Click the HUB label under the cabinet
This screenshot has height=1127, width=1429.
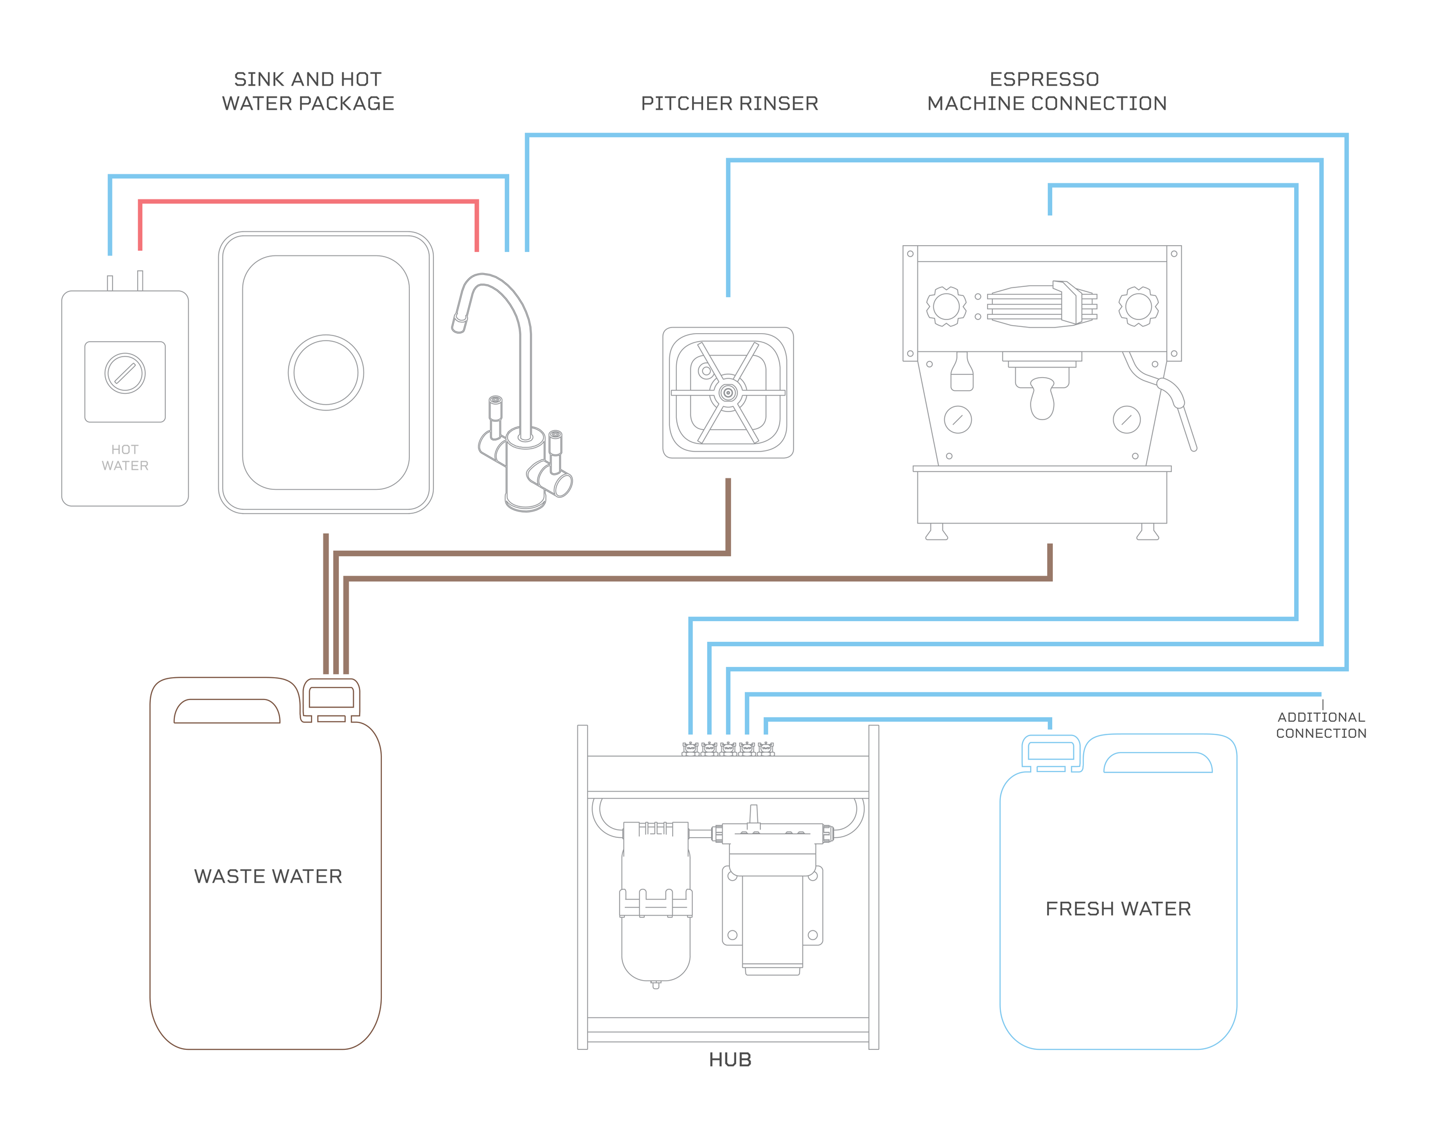pyautogui.click(x=729, y=1060)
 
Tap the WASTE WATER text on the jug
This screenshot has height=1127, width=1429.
pyautogui.click(x=268, y=876)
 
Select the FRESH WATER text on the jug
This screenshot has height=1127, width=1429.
pyautogui.click(x=1118, y=909)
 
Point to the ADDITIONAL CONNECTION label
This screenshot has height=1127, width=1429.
pyautogui.click(x=1321, y=725)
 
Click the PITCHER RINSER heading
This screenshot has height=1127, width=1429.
pyautogui.click(x=729, y=103)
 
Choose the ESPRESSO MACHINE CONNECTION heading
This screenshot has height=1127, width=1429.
pyautogui.click(x=1046, y=91)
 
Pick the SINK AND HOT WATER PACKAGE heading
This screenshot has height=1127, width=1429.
pyautogui.click(x=308, y=91)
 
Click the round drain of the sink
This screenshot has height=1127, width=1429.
pyautogui.click(x=325, y=373)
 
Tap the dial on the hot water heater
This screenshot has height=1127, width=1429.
pyautogui.click(x=125, y=373)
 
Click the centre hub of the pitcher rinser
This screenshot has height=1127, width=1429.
pyautogui.click(x=728, y=393)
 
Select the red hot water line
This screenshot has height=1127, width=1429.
pyautogui.click(x=308, y=201)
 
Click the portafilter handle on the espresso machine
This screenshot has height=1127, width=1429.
pyautogui.click(x=1041, y=399)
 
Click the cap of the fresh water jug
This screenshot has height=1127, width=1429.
pyautogui.click(x=1051, y=753)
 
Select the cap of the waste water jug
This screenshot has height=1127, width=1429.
pyautogui.click(x=332, y=698)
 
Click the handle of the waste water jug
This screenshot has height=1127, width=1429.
pyautogui.click(x=226, y=712)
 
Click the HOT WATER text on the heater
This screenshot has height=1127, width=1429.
pyautogui.click(x=125, y=457)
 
